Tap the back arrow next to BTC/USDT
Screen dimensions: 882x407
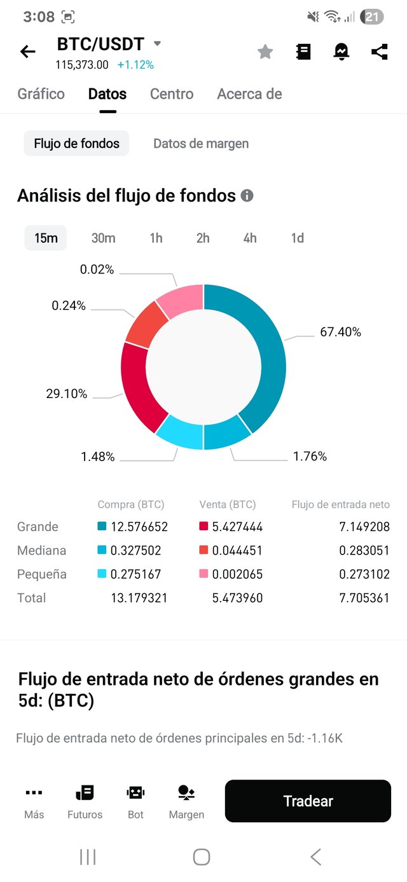click(x=28, y=52)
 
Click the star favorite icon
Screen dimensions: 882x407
click(x=265, y=52)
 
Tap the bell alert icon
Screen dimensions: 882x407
click(x=341, y=52)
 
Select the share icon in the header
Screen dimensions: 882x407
click(x=380, y=52)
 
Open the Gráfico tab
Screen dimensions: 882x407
click(x=41, y=94)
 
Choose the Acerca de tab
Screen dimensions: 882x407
click(x=249, y=94)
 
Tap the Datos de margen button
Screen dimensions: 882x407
click(x=201, y=144)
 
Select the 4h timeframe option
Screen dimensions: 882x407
click(x=250, y=238)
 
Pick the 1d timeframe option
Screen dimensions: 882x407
click(x=297, y=238)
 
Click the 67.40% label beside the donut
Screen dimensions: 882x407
click(x=340, y=332)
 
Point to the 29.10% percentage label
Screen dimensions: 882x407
click(x=66, y=394)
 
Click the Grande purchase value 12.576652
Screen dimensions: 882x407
click(x=139, y=527)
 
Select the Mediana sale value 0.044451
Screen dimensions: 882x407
click(x=237, y=550)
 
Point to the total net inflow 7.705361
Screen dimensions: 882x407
click(x=364, y=598)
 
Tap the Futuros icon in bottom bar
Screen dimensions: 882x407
click(x=85, y=802)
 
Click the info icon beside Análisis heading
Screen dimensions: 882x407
click(x=247, y=196)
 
